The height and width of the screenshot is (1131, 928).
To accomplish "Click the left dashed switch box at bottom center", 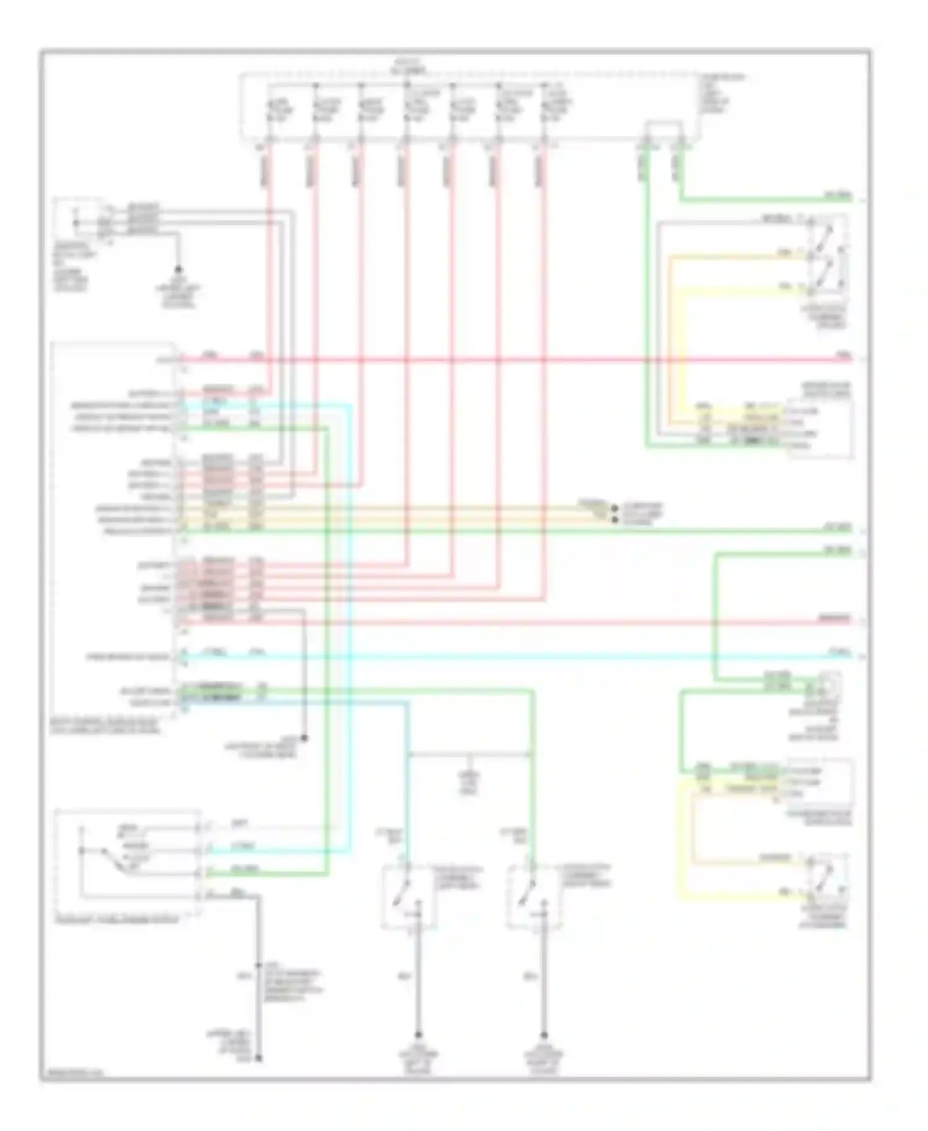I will click(409, 897).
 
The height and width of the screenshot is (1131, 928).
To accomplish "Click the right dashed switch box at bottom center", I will click(535, 897).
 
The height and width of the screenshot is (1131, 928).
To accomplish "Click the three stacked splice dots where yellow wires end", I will click(614, 513).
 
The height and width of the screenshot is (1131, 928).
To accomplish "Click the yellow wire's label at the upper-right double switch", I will click(784, 286).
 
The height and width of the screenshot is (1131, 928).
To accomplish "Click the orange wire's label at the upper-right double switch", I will click(784, 252).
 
